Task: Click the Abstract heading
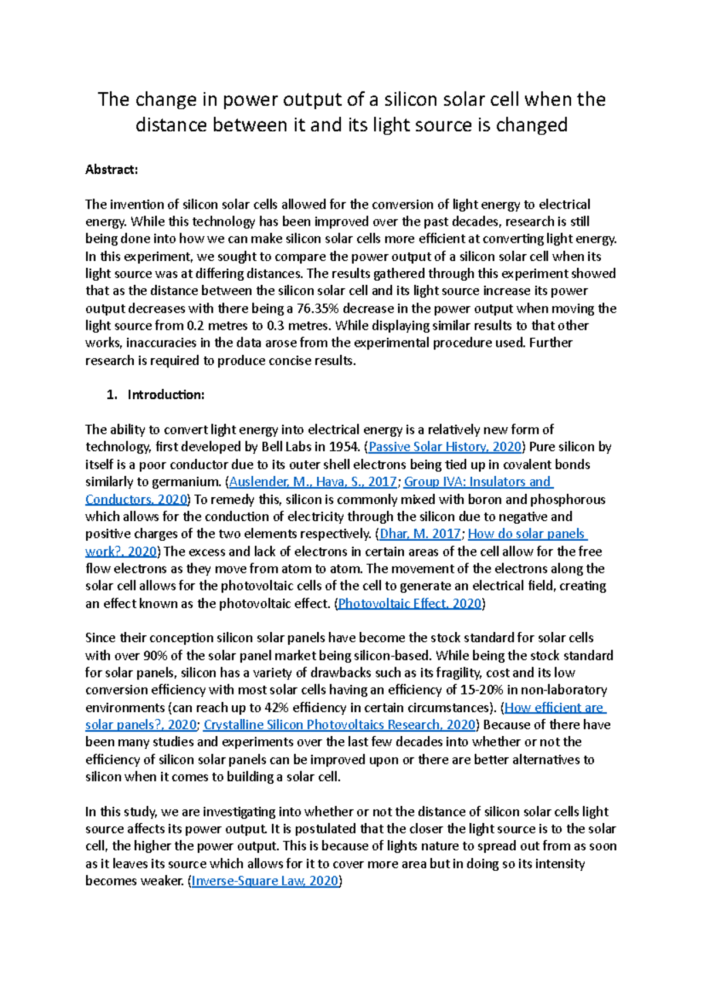pos(111,170)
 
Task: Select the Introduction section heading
pos(165,395)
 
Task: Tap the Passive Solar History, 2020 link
pos(445,447)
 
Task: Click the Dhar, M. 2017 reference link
pos(420,534)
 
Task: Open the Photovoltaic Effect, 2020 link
pos(409,603)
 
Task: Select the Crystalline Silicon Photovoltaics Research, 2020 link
pos(339,725)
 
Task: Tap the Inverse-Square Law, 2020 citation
pos(265,881)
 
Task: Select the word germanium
pos(185,481)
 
